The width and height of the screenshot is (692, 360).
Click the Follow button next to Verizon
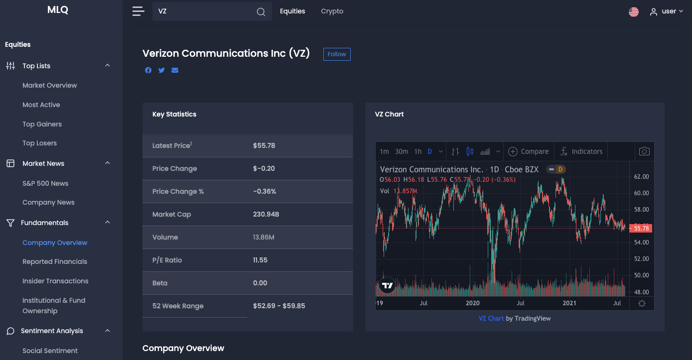pos(337,54)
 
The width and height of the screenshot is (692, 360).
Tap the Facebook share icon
pos(148,70)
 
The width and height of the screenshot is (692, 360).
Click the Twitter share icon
pos(161,70)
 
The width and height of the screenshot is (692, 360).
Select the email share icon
pos(175,70)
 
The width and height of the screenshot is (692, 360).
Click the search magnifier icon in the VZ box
pos(261,12)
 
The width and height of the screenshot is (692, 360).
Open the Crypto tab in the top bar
pos(332,11)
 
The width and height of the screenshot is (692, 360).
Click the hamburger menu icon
pos(138,11)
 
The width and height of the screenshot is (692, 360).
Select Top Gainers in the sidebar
pos(42,124)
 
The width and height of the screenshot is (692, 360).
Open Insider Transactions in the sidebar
pos(55,281)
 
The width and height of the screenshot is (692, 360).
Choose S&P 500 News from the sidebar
pos(45,183)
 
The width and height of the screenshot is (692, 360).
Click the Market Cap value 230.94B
pos(266,214)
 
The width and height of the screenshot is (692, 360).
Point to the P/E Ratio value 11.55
pos(260,260)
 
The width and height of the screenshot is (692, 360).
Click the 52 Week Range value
pos(279,306)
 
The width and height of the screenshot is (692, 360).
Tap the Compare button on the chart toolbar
pos(529,151)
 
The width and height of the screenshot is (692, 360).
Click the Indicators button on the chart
pos(581,151)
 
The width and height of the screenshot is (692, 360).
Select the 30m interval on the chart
pos(402,151)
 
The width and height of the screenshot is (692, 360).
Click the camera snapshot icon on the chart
pos(644,151)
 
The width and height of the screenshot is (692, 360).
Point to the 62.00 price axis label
pos(641,177)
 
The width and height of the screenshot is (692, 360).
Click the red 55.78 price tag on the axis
pos(641,228)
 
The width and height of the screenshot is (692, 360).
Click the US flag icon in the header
pos(634,12)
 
